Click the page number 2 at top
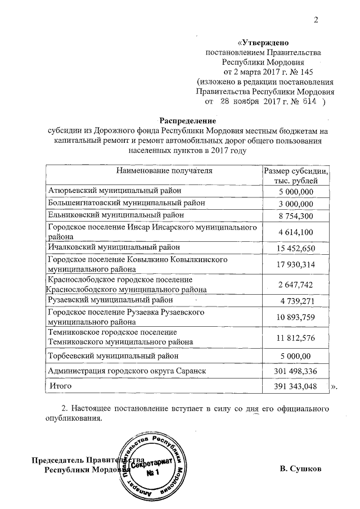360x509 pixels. (x=316, y=21)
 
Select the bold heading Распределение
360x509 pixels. (x=187, y=121)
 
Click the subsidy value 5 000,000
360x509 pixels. (x=296, y=192)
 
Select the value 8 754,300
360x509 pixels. (x=296, y=215)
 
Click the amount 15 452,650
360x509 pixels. (x=296, y=247)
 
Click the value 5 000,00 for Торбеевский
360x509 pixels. (x=296, y=356)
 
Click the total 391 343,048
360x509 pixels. (x=296, y=387)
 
